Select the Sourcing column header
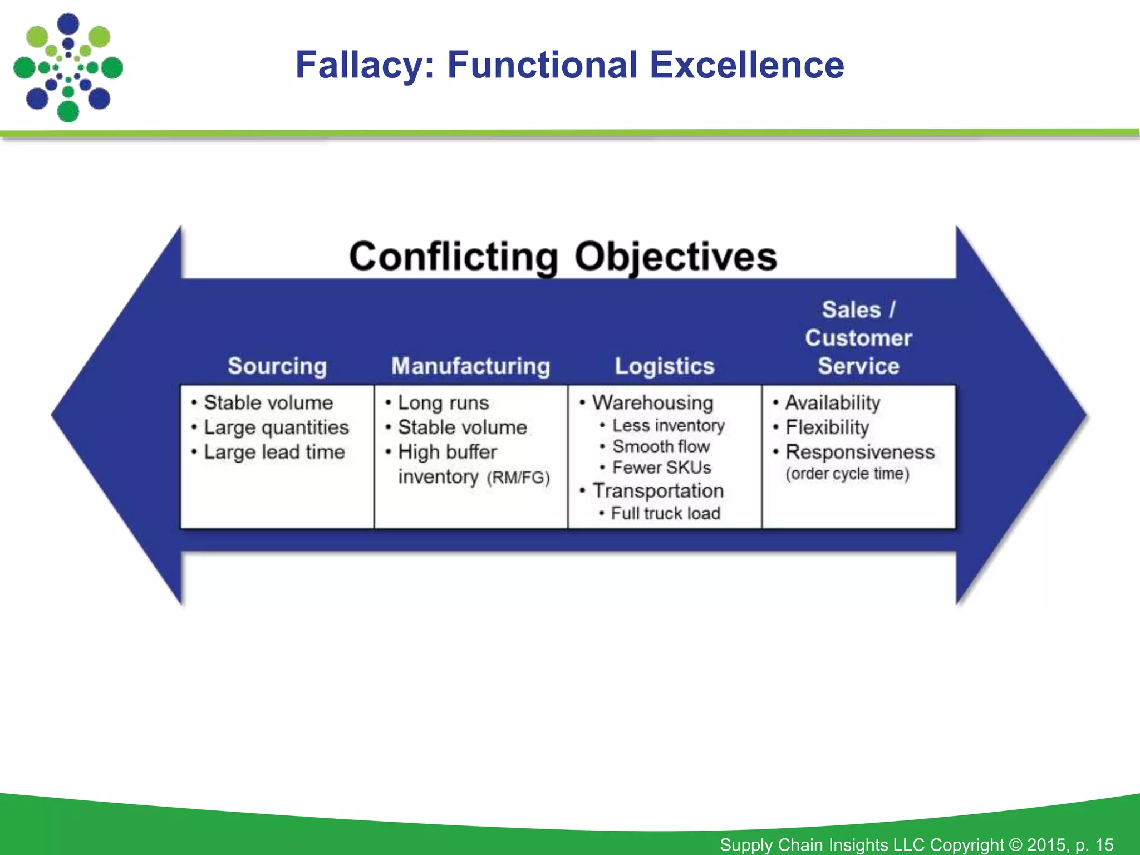click(x=277, y=366)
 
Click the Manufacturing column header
click(x=470, y=366)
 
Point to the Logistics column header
click(x=664, y=366)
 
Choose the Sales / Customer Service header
click(x=858, y=338)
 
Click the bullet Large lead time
click(x=274, y=452)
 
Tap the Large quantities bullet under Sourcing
click(x=276, y=427)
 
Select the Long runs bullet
click(x=443, y=402)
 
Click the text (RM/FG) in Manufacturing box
click(x=518, y=478)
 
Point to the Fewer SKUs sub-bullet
click(x=661, y=468)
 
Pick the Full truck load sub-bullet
click(x=665, y=513)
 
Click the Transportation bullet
click(x=657, y=491)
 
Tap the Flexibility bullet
click(x=827, y=427)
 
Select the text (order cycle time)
click(x=847, y=474)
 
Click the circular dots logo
click(x=68, y=68)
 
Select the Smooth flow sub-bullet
click(x=661, y=446)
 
